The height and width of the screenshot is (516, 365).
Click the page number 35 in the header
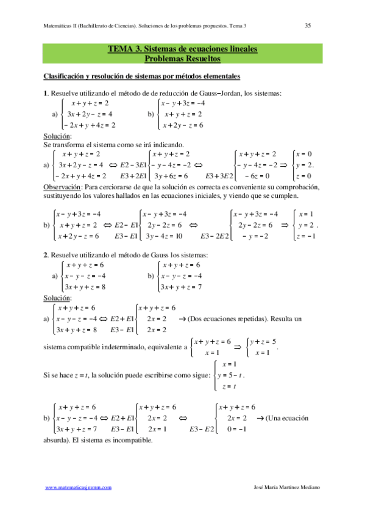click(x=308, y=26)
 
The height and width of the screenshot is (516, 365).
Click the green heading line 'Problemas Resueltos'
click(x=182, y=58)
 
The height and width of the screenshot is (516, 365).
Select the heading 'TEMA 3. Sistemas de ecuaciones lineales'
click(x=182, y=49)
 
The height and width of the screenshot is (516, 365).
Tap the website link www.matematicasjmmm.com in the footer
click(x=79, y=487)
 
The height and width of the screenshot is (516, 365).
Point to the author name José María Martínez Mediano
click(x=285, y=487)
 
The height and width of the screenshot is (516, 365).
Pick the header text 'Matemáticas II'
click(x=65, y=26)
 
